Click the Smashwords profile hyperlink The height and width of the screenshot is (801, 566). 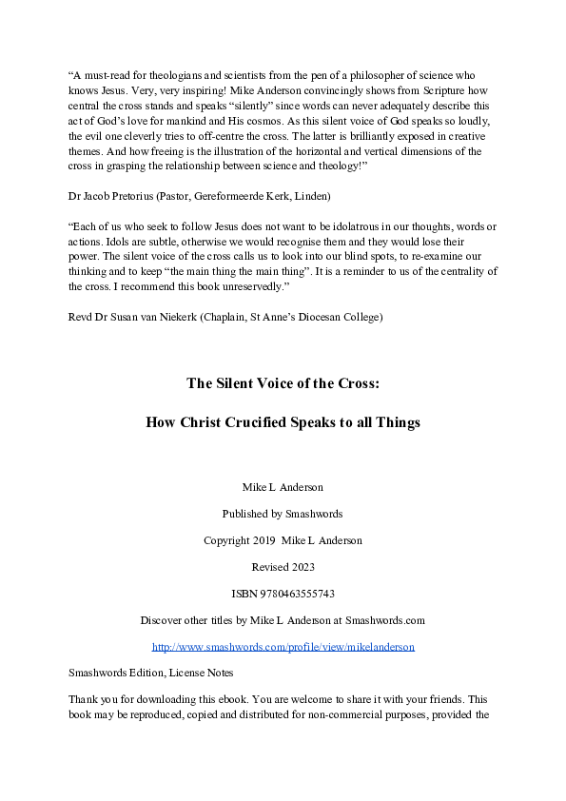coord(283,647)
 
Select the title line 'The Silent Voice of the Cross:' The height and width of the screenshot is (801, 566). coord(283,384)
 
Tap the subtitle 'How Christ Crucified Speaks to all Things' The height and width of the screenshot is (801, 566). coord(283,422)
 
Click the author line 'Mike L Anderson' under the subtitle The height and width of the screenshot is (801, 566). coord(283,487)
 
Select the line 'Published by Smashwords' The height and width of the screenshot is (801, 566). coord(283,514)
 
